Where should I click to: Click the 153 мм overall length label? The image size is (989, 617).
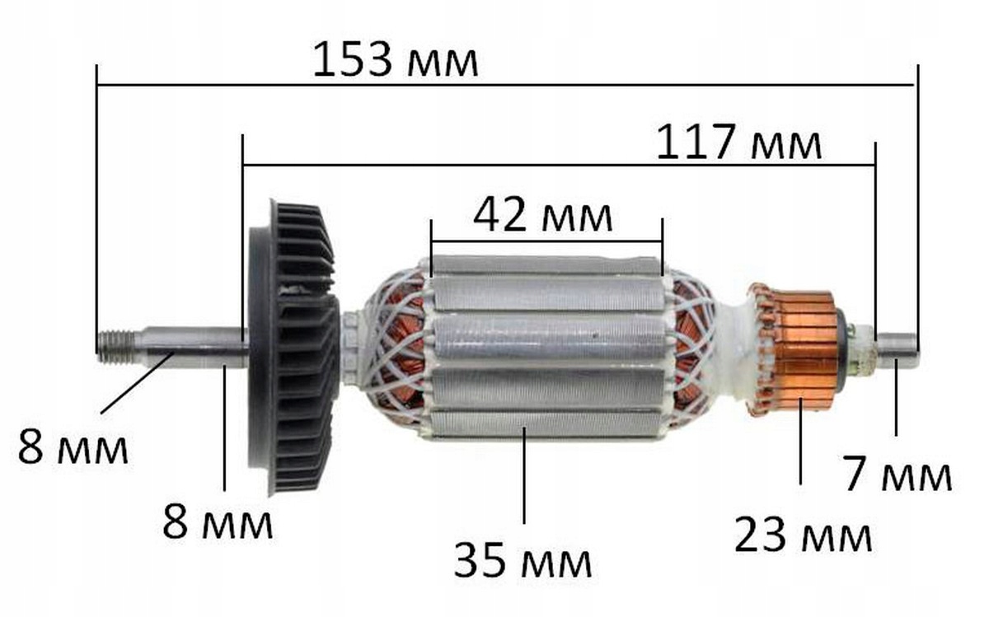[x=395, y=59]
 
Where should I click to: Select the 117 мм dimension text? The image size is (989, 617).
[x=738, y=143]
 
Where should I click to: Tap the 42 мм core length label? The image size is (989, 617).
[x=542, y=215]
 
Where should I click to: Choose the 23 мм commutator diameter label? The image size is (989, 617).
[x=803, y=535]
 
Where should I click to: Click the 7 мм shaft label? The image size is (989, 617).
[x=898, y=474]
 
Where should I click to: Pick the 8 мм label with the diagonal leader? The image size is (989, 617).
[x=73, y=447]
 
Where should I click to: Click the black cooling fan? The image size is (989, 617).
[x=293, y=348]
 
